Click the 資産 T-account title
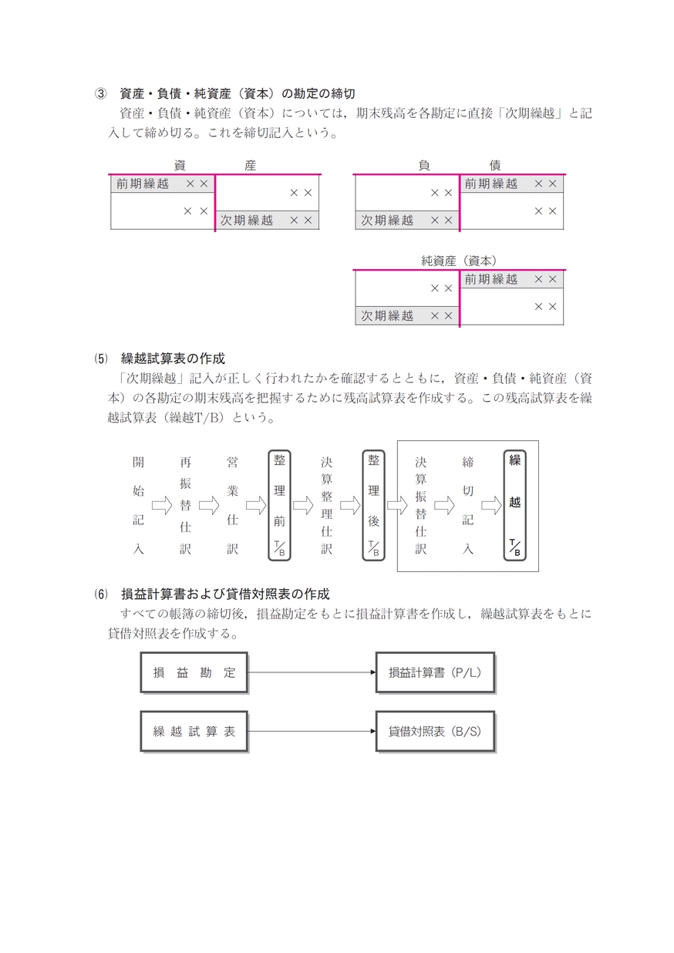click(215, 166)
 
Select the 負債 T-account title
click(460, 166)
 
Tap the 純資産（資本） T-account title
click(459, 261)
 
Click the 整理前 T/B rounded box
click(280, 506)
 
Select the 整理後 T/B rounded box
click(373, 506)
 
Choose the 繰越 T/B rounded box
click(515, 506)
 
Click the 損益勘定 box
click(194, 672)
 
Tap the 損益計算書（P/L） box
click(435, 672)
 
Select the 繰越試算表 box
click(194, 732)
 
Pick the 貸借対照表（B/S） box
click(435, 732)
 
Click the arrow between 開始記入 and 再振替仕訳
click(162, 506)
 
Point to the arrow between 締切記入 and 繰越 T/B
click(491, 506)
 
